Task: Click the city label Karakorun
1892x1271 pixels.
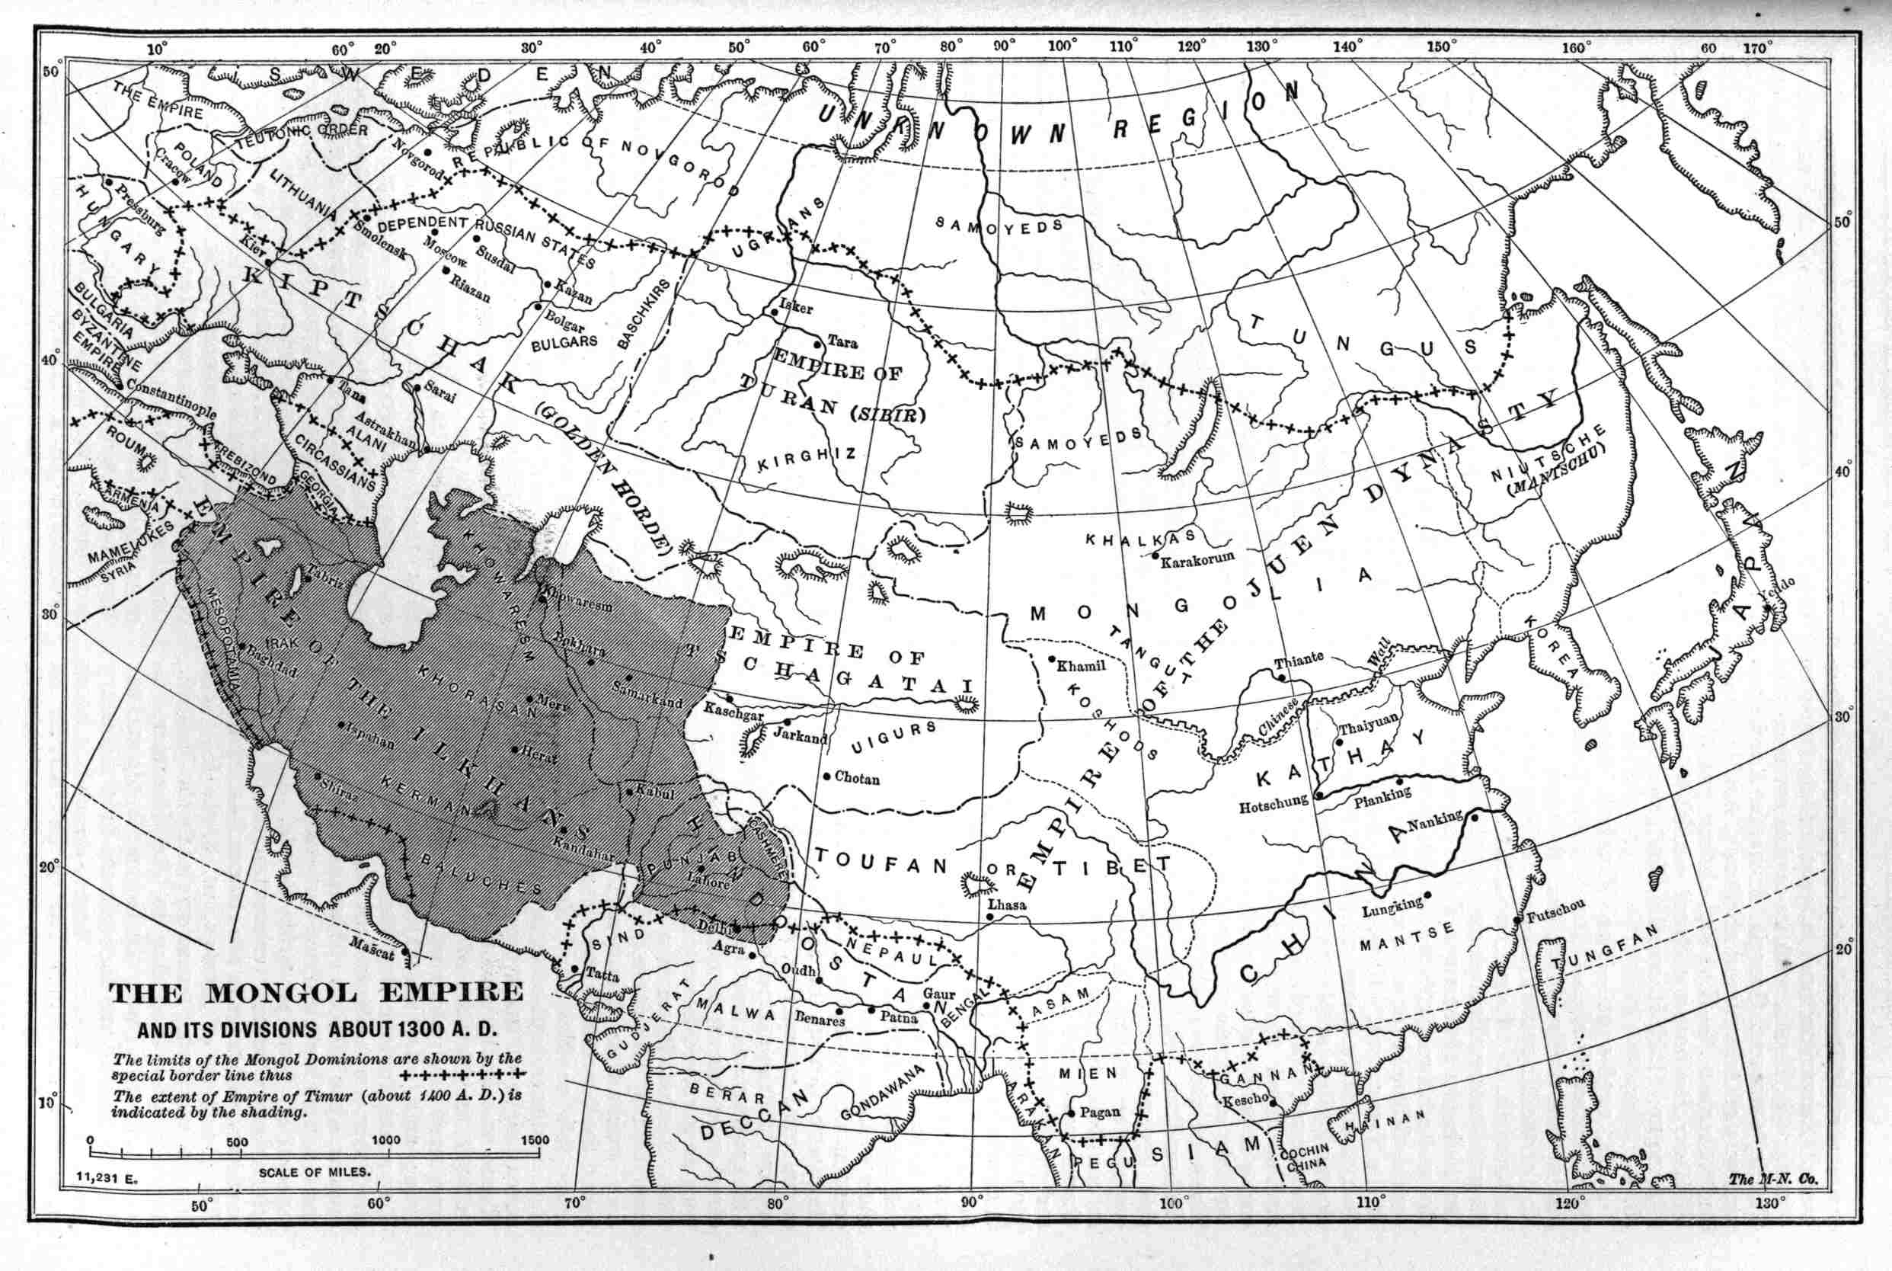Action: (x=1197, y=559)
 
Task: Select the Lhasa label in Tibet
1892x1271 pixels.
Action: (x=1007, y=904)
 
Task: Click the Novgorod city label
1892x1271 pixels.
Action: (x=417, y=160)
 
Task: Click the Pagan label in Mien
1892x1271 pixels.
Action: (x=1100, y=1113)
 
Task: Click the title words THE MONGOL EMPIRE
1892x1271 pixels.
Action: (x=316, y=993)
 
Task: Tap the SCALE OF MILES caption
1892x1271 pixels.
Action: (x=315, y=1172)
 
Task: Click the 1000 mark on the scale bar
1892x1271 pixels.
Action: (x=385, y=1140)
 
